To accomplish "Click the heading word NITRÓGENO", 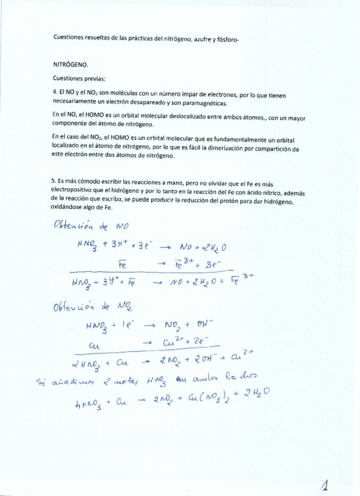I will click(x=70, y=66).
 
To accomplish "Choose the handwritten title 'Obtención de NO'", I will click(x=91, y=225).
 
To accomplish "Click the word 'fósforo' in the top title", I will click(x=228, y=38).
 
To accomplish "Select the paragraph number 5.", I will click(x=54, y=181).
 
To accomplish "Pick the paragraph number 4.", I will click(x=54, y=92).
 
